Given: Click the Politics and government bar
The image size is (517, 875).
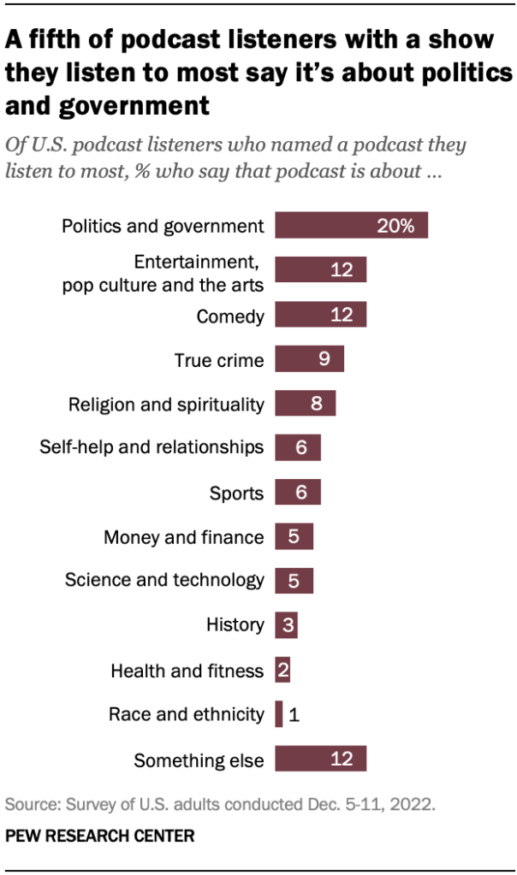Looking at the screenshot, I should [351, 226].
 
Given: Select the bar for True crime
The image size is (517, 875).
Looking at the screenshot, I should [309, 359].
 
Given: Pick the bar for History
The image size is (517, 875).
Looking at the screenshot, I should [286, 625].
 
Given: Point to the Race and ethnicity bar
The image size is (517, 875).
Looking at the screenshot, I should [279, 714].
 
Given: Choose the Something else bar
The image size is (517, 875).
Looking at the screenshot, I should [320, 759].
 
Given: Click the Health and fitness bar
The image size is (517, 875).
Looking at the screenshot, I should [282, 670].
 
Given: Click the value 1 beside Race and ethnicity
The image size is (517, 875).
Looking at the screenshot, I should [294, 715].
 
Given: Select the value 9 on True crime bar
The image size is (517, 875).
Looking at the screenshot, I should [324, 359].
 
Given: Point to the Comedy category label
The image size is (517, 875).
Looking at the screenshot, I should [230, 316].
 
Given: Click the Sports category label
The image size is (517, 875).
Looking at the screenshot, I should [237, 493].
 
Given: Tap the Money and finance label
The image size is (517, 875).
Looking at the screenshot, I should [183, 537].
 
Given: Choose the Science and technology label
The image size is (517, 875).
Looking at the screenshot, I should [164, 581].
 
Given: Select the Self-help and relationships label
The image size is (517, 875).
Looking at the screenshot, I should [152, 447].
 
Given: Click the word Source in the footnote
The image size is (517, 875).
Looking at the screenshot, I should [27, 805].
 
